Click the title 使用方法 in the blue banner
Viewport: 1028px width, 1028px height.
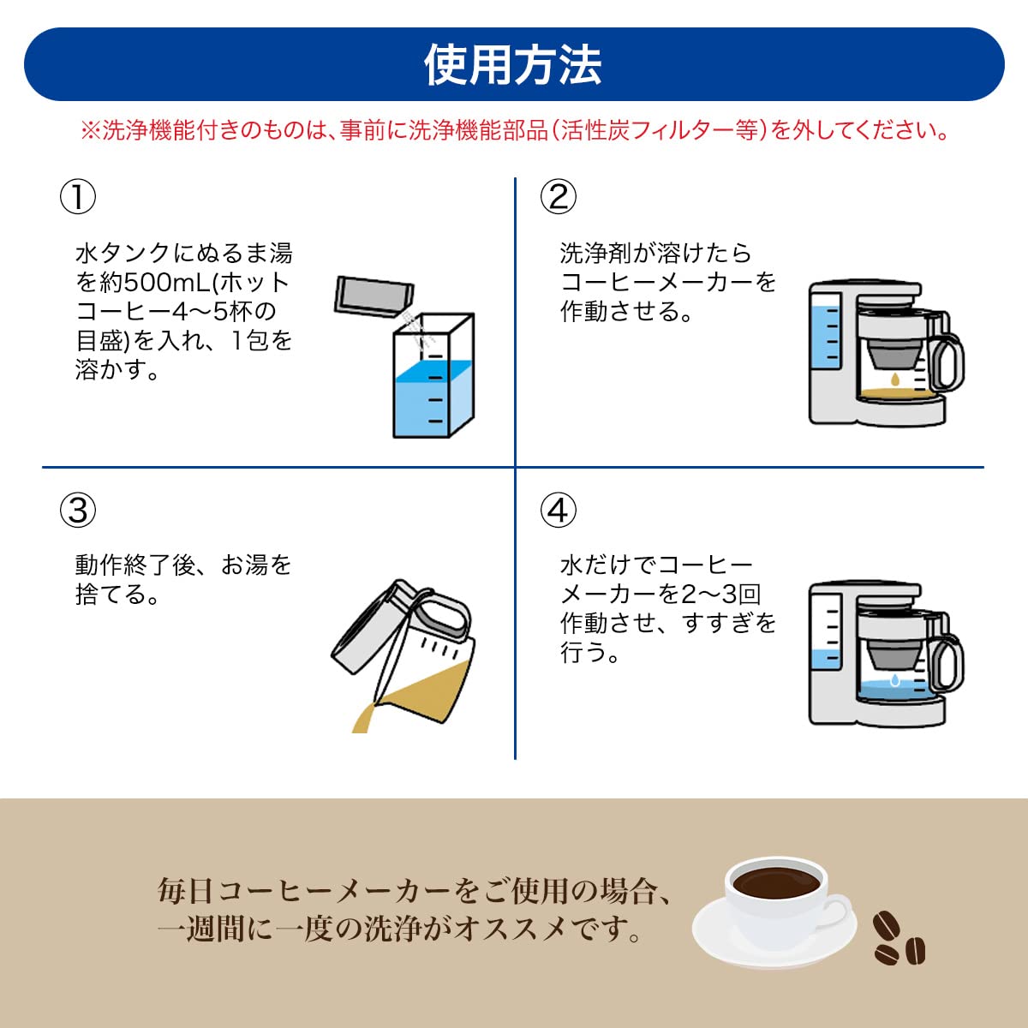coord(513,65)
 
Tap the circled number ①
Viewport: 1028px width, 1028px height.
coord(77,197)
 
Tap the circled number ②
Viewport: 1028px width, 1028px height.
coord(558,197)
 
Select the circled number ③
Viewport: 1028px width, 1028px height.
coord(77,511)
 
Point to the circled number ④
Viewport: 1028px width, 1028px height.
coord(558,511)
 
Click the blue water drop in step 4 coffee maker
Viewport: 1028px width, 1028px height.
coord(895,680)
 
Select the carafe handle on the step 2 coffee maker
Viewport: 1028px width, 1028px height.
coord(949,360)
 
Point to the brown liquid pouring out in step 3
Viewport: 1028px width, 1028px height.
coord(364,718)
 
